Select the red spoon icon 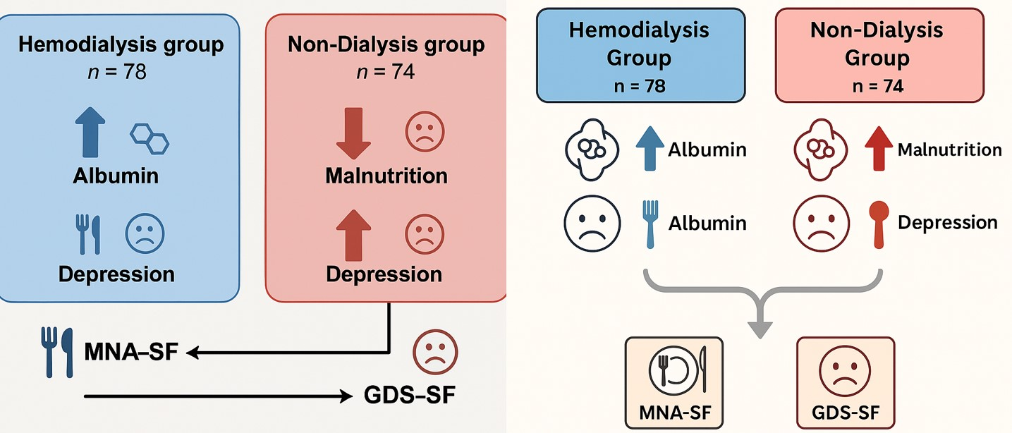878,224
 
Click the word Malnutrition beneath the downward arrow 386,175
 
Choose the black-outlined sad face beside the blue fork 592,224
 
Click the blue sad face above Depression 145,235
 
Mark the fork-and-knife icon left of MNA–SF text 56,350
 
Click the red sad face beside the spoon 821,224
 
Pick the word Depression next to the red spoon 947,223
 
